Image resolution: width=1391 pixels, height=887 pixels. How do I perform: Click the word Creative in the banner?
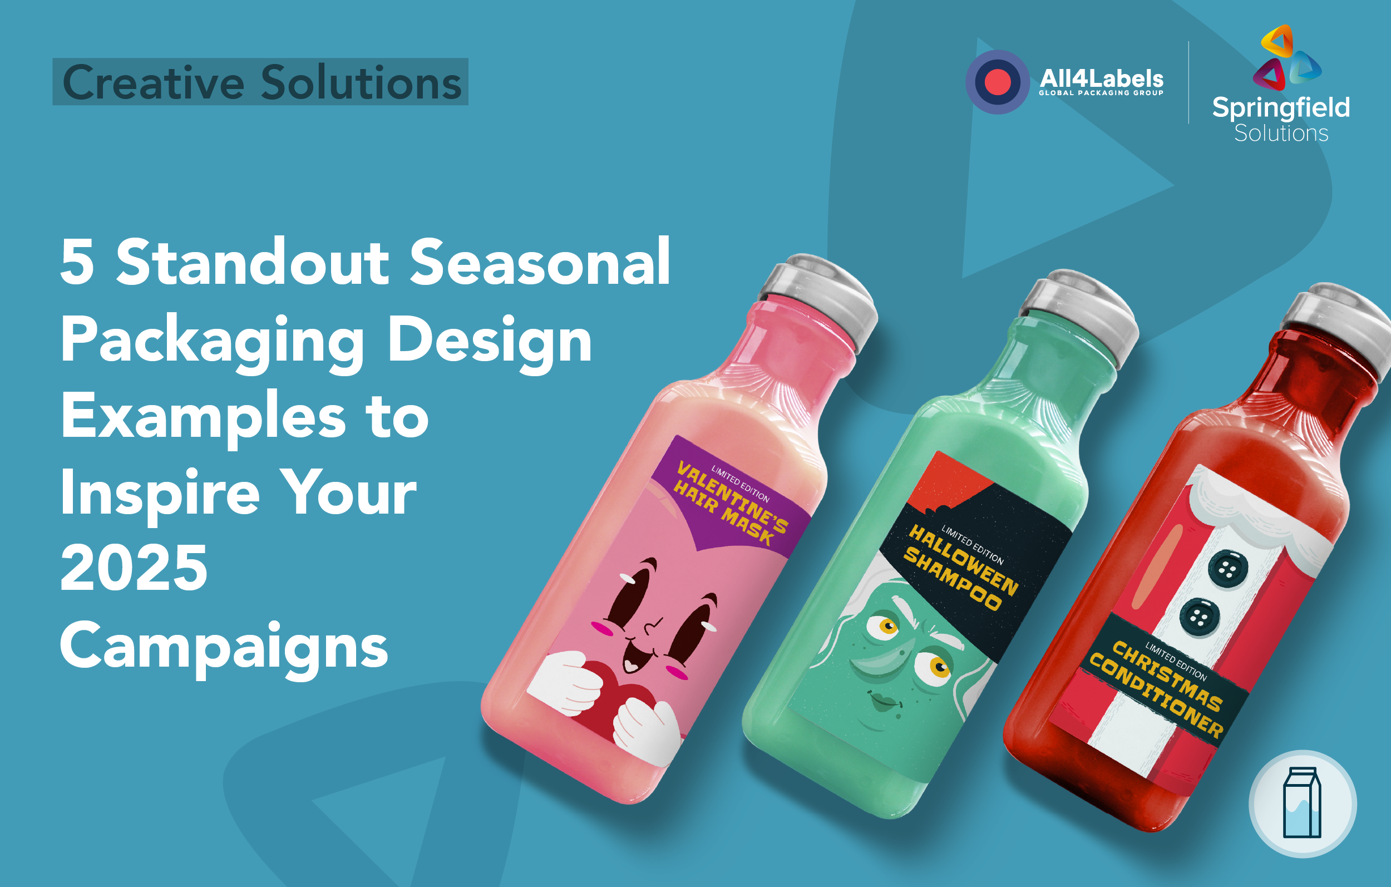coord(153,82)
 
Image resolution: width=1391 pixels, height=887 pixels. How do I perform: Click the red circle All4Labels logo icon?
coord(997,81)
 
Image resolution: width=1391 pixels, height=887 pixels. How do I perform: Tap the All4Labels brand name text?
coord(1101,79)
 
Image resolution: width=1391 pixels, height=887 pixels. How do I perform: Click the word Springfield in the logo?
coord(1281,108)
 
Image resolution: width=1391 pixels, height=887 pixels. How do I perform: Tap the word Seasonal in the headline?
coord(540,263)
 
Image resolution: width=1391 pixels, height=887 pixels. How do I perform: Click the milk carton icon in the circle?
coord(1302,802)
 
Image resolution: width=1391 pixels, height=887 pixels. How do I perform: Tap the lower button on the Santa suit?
coord(1198,617)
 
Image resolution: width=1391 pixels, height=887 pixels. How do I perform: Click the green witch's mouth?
coord(884,703)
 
